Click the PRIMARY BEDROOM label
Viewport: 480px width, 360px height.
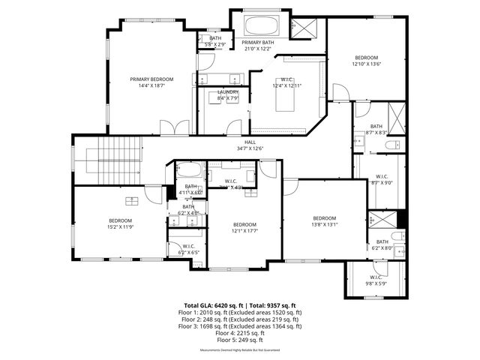151,82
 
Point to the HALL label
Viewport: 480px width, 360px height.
250,145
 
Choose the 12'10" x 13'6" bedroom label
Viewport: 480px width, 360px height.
367,61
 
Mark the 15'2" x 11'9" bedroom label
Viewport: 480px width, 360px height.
120,223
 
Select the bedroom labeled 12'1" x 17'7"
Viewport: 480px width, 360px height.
244,228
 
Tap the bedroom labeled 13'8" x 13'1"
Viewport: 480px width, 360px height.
325,221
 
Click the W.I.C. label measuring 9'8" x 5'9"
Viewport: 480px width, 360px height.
376,280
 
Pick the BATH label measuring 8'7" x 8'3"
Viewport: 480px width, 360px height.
376,129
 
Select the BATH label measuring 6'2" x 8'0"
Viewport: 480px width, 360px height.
382,244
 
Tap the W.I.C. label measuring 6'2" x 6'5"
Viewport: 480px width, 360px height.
187,249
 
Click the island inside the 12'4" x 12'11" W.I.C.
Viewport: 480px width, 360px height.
285,101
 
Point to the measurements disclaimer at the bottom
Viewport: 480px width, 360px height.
240,351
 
